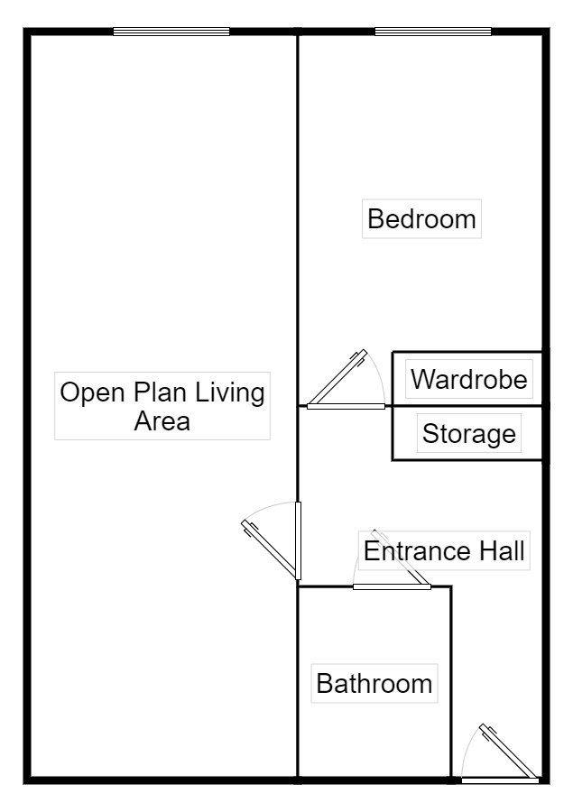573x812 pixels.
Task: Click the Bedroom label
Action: [x=421, y=218]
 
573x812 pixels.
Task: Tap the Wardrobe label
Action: [x=469, y=379]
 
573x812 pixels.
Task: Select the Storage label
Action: [x=469, y=433]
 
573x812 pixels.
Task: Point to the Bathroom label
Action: [x=374, y=683]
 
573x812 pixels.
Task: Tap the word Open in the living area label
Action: [x=93, y=392]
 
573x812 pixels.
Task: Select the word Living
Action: [x=230, y=392]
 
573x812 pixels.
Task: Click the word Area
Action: [x=162, y=420]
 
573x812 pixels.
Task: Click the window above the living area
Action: [x=171, y=32]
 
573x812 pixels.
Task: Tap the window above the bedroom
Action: [x=433, y=32]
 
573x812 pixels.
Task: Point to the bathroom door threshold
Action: [x=393, y=586]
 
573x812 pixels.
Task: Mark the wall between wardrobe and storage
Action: [x=467, y=405]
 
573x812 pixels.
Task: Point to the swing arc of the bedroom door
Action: [x=379, y=373]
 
